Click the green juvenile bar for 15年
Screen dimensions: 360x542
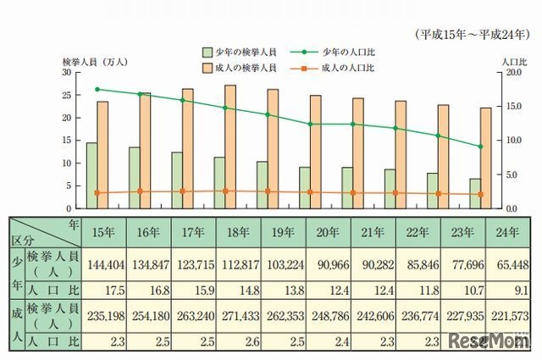coord(91,175)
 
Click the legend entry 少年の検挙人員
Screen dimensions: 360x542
coord(243,51)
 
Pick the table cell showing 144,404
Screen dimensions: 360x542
coord(105,263)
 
